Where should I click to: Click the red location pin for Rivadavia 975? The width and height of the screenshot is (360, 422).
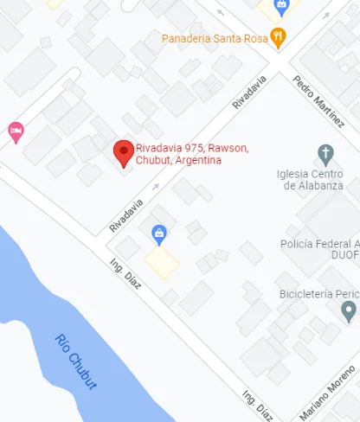coord(124,152)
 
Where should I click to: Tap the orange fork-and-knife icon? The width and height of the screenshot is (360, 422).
coord(277,37)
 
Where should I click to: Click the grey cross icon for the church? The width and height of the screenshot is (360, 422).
coord(326,155)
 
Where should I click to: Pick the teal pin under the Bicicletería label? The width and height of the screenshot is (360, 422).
coord(349,310)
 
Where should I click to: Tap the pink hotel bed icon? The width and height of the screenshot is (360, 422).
coord(16,131)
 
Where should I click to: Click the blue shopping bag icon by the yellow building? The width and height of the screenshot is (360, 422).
coord(159,233)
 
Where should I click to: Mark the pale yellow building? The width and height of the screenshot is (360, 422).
coord(162,261)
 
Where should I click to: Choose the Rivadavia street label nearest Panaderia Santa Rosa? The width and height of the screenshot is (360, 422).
coord(248,92)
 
